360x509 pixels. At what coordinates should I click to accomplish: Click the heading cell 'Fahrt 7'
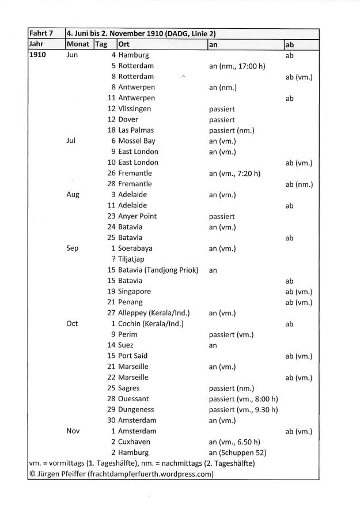click(x=41, y=34)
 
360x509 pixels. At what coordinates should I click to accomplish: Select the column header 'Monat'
click(x=78, y=44)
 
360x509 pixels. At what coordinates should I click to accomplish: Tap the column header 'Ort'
click(x=123, y=44)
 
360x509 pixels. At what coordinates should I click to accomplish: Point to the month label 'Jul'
click(x=72, y=141)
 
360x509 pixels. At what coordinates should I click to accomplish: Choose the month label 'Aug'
click(x=73, y=195)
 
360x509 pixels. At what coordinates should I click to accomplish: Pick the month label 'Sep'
click(x=73, y=248)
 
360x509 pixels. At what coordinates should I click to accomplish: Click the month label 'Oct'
click(x=73, y=323)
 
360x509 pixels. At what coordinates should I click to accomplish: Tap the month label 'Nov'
click(x=73, y=431)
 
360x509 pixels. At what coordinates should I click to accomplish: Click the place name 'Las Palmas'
click(x=136, y=130)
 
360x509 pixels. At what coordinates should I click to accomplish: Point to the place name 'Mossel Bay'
click(x=137, y=141)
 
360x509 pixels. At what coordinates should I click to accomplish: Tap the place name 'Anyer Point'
click(x=138, y=216)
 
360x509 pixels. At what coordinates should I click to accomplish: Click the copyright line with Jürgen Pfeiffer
click(x=121, y=474)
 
